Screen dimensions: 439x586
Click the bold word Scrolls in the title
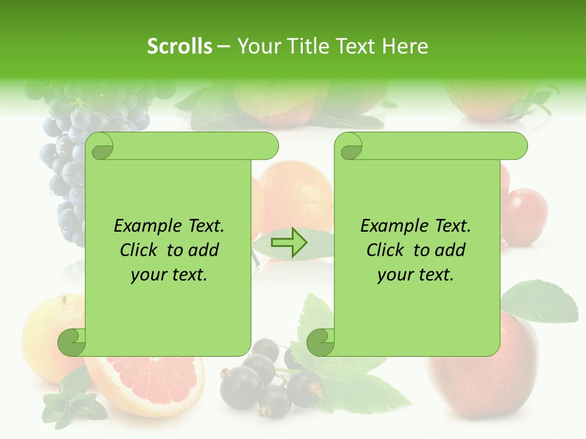pos(179,46)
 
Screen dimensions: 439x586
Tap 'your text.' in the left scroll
pos(169,275)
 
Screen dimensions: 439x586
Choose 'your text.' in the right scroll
pos(416,275)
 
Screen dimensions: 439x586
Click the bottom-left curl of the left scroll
pos(73,341)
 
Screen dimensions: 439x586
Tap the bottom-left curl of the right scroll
pos(321,341)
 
